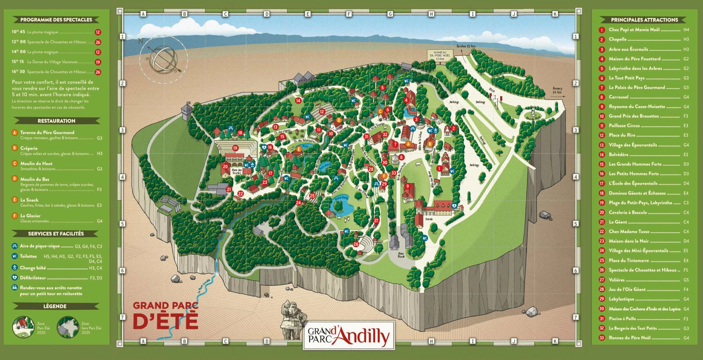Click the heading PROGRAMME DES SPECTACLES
(x=56, y=20)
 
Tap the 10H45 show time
(x=18, y=32)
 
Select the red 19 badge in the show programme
(x=98, y=62)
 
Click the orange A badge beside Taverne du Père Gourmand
(x=15, y=132)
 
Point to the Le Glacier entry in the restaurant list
(x=30, y=216)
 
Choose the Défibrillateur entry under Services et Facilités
(x=33, y=277)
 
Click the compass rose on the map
(x=163, y=60)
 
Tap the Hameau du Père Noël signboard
(x=440, y=55)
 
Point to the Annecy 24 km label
(x=557, y=90)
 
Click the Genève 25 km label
(x=466, y=46)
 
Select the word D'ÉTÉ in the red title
(x=165, y=321)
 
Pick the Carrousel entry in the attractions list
(x=619, y=97)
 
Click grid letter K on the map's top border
(x=555, y=14)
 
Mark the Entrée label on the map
(x=429, y=219)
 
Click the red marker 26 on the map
(x=356, y=244)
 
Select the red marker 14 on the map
(x=298, y=100)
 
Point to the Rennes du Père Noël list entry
(x=629, y=337)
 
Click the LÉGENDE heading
(x=55, y=306)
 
